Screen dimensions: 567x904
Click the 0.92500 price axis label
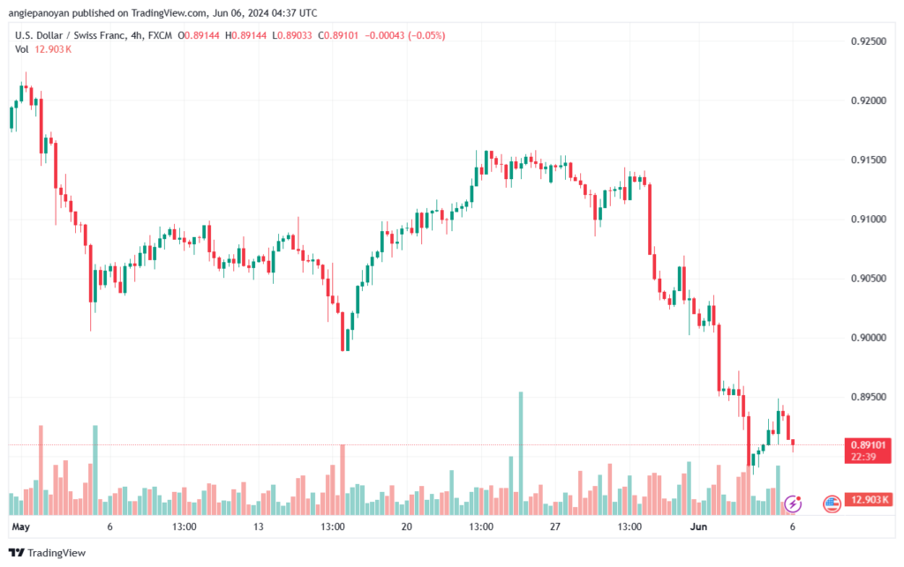coord(867,41)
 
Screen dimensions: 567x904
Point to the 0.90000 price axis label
coord(867,338)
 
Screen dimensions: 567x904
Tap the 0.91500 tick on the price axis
coord(867,160)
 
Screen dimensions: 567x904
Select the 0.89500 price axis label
coord(867,397)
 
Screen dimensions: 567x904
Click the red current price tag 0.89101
coord(869,444)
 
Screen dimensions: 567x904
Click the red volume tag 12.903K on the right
coord(869,500)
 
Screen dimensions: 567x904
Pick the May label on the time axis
coord(21,526)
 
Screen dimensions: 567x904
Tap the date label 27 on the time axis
coord(555,526)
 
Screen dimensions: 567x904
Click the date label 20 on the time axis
coord(407,526)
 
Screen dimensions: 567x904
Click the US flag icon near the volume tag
coord(831,504)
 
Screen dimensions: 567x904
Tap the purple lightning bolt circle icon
coord(793,504)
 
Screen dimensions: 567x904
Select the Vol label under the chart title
coord(22,49)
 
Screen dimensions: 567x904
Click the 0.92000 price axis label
coord(867,101)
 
